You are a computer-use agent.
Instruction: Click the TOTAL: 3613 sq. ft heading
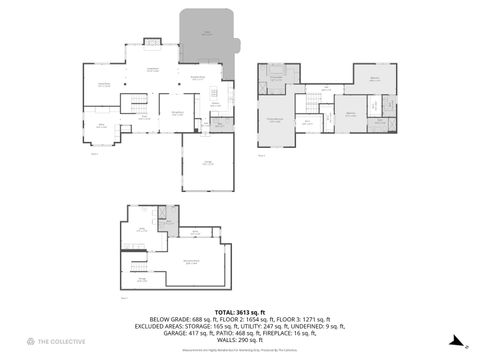tap(239, 311)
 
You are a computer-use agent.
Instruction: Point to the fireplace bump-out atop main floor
tap(152, 42)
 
